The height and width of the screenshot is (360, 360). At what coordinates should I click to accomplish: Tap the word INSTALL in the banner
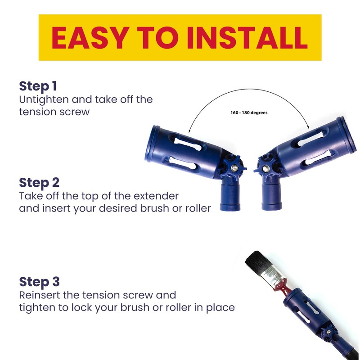(x=247, y=38)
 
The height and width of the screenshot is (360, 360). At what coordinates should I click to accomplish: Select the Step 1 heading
(x=38, y=86)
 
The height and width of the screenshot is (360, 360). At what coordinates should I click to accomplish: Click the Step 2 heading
(x=39, y=183)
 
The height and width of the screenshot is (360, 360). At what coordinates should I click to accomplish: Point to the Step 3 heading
(x=39, y=282)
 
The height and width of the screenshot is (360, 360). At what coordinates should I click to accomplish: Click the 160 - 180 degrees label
(x=249, y=113)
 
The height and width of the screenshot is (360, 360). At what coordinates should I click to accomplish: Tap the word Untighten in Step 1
(x=44, y=100)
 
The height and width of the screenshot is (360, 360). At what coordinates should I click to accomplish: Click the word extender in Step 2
(x=156, y=196)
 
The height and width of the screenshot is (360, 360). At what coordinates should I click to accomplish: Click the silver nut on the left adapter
(x=234, y=168)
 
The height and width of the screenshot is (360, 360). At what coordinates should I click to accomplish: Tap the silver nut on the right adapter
(x=266, y=169)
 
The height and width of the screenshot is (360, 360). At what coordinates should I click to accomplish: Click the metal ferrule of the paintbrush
(x=274, y=276)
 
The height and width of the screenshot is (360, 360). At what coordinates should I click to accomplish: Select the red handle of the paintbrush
(x=283, y=288)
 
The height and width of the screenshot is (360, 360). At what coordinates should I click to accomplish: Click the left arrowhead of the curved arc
(x=189, y=131)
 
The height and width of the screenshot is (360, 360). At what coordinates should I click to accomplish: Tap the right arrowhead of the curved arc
(x=308, y=127)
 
